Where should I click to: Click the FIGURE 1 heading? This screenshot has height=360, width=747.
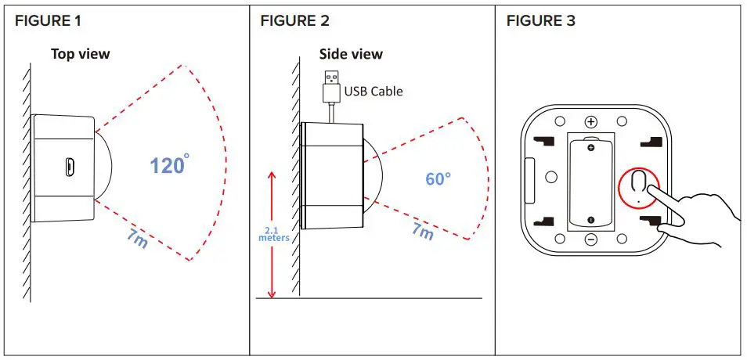click(x=48, y=21)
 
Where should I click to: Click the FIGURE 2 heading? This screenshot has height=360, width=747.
click(x=294, y=21)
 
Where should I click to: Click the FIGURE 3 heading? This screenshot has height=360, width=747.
click(x=540, y=21)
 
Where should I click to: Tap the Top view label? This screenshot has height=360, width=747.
click(x=81, y=54)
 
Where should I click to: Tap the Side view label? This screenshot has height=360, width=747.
click(x=351, y=54)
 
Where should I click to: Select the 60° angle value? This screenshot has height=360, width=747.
click(x=438, y=178)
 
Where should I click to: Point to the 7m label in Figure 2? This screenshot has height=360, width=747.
click(x=422, y=230)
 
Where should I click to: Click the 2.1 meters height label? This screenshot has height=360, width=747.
click(x=274, y=233)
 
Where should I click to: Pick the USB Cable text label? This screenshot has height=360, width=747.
click(x=373, y=92)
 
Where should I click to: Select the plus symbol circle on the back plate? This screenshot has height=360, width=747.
click(x=591, y=122)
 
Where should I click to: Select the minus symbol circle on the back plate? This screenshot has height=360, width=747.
click(x=591, y=238)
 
